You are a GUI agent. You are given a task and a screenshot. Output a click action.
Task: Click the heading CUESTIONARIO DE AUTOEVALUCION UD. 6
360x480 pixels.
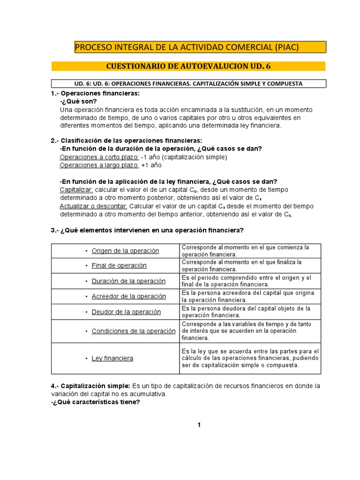coord(188,66)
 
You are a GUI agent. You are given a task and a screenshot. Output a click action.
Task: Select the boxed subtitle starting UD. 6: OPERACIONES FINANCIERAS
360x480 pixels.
coord(188,83)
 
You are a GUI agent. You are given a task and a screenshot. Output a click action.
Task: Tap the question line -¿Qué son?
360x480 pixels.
coord(79,102)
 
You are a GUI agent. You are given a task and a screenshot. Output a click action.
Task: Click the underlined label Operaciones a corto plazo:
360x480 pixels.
coord(99,157)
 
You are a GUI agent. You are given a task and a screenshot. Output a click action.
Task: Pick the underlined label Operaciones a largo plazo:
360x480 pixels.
coord(99,165)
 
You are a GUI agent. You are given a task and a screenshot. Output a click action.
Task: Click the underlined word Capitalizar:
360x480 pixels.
coord(76,190)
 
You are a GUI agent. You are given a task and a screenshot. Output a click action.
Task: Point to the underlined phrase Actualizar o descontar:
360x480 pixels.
coord(93,206)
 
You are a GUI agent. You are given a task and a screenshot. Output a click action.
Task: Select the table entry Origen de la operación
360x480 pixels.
coord(125,251)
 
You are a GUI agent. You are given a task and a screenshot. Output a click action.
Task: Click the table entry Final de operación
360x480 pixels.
coord(119,265)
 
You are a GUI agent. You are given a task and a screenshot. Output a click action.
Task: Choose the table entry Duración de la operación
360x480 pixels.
coord(128,281)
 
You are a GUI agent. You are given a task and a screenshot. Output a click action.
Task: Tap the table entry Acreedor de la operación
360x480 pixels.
coord(128,296)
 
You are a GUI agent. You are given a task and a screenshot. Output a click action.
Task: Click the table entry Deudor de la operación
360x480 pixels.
coord(126,312)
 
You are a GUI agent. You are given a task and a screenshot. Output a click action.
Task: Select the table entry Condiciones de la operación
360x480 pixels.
coord(134,331)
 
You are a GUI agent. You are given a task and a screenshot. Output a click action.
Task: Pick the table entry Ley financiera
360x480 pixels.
coord(112,358)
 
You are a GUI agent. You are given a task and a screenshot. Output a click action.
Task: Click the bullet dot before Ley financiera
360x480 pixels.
coord(86,359)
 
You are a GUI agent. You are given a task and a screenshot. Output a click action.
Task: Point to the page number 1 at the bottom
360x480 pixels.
coord(199,425)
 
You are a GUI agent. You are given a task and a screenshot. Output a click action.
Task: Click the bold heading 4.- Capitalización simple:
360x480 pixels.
coord(91,386)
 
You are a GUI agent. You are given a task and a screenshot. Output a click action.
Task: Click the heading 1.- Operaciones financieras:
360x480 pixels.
coord(95,94)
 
